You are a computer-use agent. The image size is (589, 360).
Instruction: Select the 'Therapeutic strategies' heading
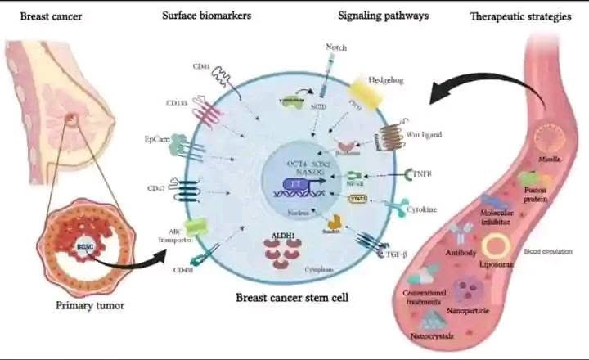[520, 16]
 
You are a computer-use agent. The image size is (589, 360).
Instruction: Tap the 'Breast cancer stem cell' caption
[292, 299]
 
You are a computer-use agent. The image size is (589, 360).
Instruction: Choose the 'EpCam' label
[156, 140]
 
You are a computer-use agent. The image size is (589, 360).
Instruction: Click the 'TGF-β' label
[398, 256]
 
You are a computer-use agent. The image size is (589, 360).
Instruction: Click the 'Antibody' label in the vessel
[461, 254]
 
